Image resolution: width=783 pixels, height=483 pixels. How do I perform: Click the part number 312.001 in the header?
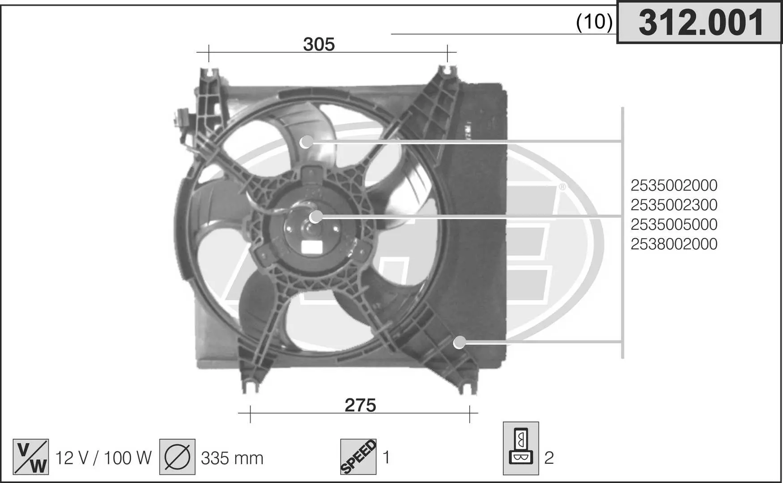pyautogui.click(x=701, y=23)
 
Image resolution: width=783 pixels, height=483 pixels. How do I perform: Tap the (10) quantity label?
pyautogui.click(x=594, y=21)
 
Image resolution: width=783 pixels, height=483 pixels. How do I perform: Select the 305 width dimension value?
pyautogui.click(x=319, y=44)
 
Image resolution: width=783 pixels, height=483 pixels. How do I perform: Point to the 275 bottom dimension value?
pyautogui.click(x=360, y=405)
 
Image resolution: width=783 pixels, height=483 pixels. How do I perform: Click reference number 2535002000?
pyautogui.click(x=674, y=185)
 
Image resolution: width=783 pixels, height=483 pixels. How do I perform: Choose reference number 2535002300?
pyautogui.click(x=674, y=205)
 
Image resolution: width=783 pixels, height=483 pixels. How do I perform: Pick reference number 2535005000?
pyautogui.click(x=674, y=225)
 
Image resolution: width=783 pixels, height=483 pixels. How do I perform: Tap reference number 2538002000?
pyautogui.click(x=674, y=244)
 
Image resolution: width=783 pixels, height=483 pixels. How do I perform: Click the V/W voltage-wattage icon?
pyautogui.click(x=31, y=457)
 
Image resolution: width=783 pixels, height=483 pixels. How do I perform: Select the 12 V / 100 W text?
pyautogui.click(x=103, y=458)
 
